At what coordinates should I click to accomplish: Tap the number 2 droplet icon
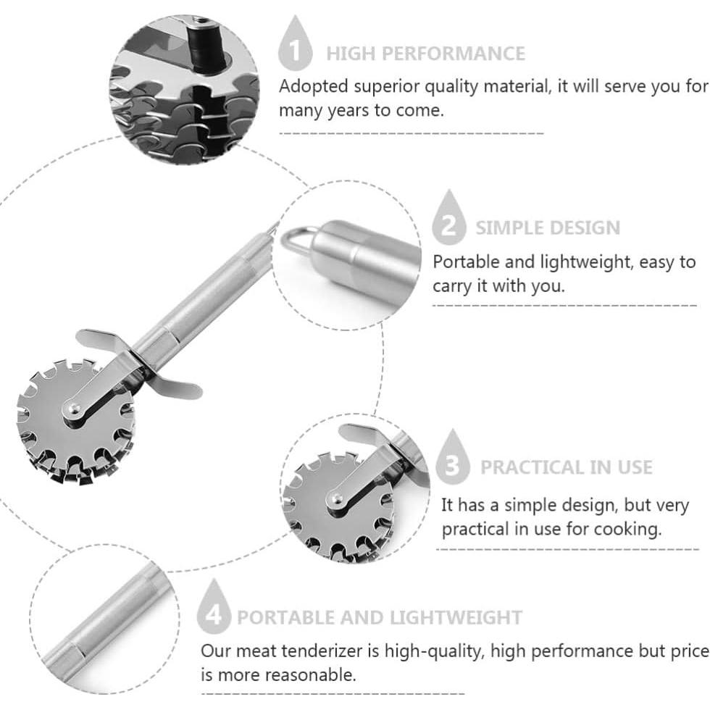pos(448,218)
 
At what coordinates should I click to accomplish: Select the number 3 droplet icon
pos(452,458)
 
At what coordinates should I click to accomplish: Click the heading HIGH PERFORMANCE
pos(426,54)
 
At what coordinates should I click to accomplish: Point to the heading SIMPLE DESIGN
pos(548,227)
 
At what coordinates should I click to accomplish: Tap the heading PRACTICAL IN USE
pos(566,467)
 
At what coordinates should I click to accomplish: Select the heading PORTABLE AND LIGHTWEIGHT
pos(380,617)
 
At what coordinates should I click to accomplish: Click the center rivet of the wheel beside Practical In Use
pos(336,498)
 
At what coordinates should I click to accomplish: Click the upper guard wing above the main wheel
pos(101,341)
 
